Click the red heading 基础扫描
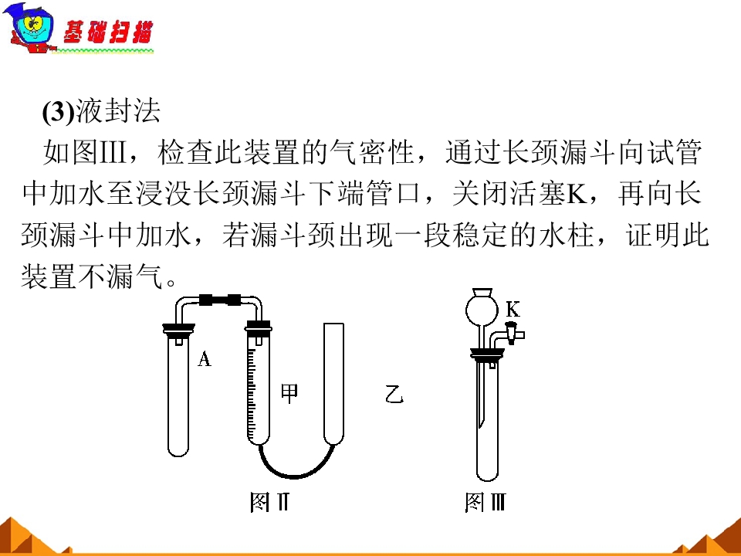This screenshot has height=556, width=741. (108, 32)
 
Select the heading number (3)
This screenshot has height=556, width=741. (59, 111)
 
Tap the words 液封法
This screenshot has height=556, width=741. (118, 111)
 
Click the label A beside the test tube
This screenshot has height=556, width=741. (204, 359)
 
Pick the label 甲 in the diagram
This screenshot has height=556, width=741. (289, 392)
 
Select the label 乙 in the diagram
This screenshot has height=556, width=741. (394, 394)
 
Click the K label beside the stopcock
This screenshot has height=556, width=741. (513, 309)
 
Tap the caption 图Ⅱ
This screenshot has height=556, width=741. (269, 502)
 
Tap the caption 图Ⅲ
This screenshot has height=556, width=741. (486, 502)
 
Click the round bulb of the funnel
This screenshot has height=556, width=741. (482, 309)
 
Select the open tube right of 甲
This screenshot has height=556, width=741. (333, 384)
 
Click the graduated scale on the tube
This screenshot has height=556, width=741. (252, 390)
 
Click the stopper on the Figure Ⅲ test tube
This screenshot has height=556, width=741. (488, 354)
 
